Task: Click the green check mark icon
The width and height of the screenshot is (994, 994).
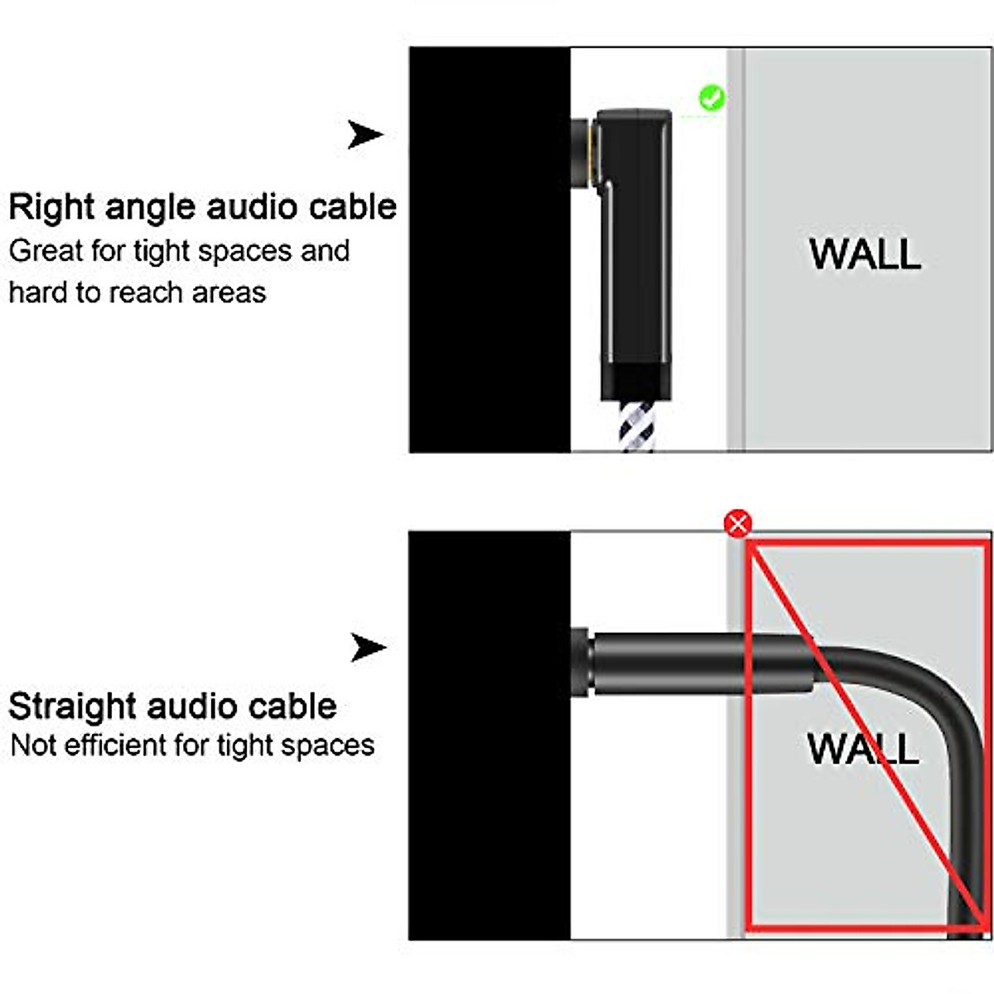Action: pos(712,99)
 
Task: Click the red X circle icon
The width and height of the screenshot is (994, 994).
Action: pos(737,524)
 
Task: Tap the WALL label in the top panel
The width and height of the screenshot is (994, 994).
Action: pos(865,253)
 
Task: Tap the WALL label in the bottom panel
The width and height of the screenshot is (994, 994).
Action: pos(862,748)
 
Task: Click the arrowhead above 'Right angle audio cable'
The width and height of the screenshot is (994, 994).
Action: pos(364,134)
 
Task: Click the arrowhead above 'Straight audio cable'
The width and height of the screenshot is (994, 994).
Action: pos(367,647)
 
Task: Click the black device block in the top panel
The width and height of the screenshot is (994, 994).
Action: pos(489,248)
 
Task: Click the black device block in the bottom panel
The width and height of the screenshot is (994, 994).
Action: pos(489,737)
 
